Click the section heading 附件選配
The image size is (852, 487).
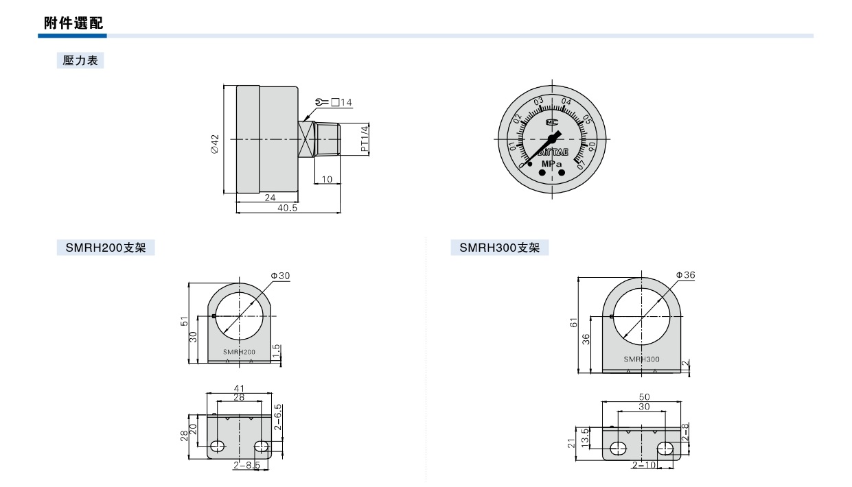(x=73, y=23)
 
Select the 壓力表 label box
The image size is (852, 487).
(x=80, y=60)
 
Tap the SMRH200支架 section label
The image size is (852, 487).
(x=106, y=248)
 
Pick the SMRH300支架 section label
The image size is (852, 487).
(x=500, y=248)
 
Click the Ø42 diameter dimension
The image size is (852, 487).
(x=215, y=143)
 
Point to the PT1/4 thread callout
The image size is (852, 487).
(x=365, y=139)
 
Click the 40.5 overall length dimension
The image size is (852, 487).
(x=287, y=208)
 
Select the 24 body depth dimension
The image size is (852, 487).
(x=270, y=198)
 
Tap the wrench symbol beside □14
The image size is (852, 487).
(x=322, y=102)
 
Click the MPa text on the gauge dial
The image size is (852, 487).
(x=551, y=164)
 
